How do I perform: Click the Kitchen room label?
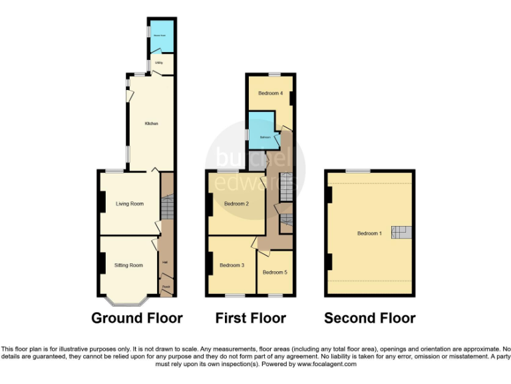point(152,123)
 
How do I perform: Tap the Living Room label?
point(129,204)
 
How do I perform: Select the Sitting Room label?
point(128,265)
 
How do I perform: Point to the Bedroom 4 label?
point(271,93)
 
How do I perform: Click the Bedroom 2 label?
point(236,204)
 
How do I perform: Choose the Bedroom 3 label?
point(232,265)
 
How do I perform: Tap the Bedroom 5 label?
point(274,272)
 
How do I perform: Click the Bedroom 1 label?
point(369,233)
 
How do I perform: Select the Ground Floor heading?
point(136,318)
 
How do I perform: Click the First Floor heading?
point(250,318)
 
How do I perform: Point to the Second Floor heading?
point(370,318)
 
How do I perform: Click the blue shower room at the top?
point(160,39)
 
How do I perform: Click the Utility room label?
point(159,63)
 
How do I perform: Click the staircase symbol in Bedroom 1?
point(401,232)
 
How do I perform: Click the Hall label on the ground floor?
point(165,261)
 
